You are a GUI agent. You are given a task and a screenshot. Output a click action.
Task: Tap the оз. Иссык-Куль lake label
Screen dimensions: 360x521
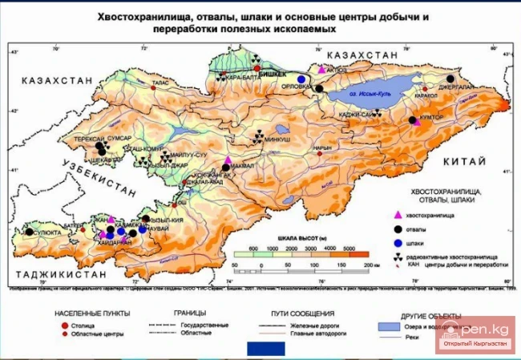pos(372,94)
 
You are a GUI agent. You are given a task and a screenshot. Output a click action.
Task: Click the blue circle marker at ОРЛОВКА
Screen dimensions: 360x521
pos(301,79)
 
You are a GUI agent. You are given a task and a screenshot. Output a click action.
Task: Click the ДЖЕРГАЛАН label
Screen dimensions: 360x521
pos(454,86)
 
